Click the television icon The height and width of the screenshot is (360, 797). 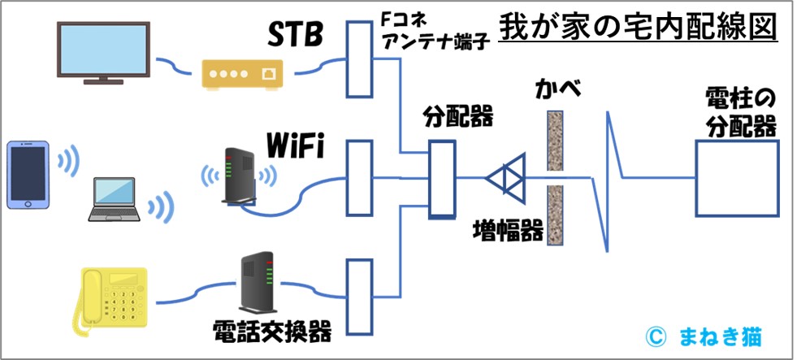tap(102, 51)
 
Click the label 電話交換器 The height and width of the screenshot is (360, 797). tap(272, 332)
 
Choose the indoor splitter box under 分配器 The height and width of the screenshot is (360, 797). tap(442, 179)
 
